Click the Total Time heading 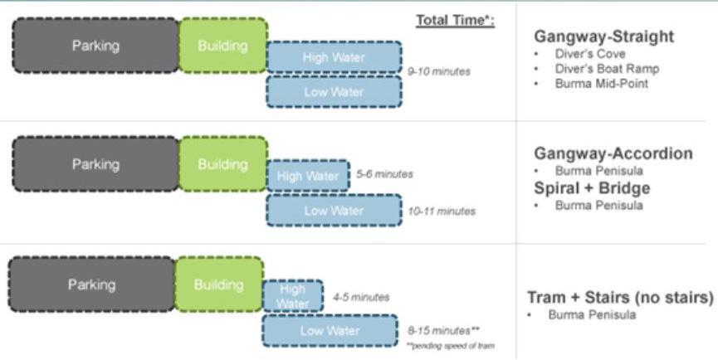click(x=455, y=20)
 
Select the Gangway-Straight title click(x=603, y=36)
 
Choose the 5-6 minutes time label click(x=384, y=174)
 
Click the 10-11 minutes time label click(x=442, y=211)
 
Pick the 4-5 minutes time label click(x=360, y=296)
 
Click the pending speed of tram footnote click(x=451, y=345)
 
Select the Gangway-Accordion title click(x=613, y=153)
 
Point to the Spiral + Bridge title click(x=592, y=187)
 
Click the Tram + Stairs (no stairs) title click(x=620, y=297)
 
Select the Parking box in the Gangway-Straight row click(x=95, y=46)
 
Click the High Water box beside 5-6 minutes click(x=307, y=176)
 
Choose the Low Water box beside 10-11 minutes click(x=334, y=211)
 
